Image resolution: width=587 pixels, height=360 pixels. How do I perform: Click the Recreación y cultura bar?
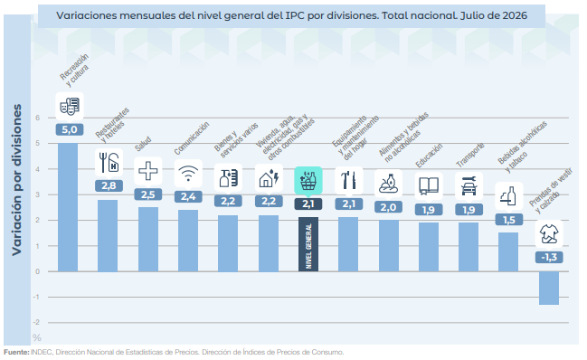coord(68,207)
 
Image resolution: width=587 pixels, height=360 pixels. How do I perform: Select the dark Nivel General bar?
coord(308,244)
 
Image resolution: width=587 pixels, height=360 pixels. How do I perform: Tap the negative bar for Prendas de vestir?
coord(549,288)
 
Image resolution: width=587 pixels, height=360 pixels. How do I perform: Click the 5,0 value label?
coord(70,129)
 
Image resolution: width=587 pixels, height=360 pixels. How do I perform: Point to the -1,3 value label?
coord(549,257)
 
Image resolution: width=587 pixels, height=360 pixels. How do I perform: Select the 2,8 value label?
coord(109,185)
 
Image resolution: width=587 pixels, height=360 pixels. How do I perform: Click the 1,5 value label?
coord(508,220)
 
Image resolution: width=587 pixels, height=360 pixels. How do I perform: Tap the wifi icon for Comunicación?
coord(188,174)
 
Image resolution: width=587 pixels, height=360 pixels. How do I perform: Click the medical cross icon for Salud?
coord(148,171)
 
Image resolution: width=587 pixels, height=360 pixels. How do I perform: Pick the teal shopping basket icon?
coord(308,180)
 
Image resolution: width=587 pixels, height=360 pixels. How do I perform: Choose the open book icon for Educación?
coord(429,186)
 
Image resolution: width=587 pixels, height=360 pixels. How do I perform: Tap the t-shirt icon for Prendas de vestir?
coord(549,234)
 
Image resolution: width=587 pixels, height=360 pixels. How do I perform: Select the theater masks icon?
coord(70,106)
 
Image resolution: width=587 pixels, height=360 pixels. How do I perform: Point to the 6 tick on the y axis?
coord(38,118)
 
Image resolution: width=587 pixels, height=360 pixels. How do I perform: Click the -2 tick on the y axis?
coord(37,322)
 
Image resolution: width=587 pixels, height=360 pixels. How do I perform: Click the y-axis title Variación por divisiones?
coord(16,180)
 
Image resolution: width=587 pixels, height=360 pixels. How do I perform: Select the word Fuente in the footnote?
coord(16,352)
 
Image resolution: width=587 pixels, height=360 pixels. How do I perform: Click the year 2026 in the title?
coord(515,15)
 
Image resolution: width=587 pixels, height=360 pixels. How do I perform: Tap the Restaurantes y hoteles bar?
coord(108,235)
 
